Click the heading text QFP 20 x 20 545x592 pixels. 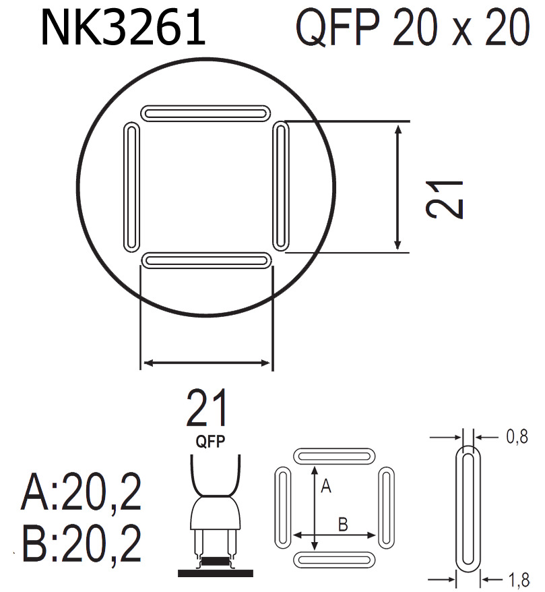(412, 28)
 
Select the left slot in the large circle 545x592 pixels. (132, 187)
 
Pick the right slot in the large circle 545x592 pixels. (282, 185)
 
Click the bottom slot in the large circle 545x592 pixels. (206, 260)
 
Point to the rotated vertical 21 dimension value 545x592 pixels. (446, 199)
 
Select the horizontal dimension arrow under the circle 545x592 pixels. (207, 363)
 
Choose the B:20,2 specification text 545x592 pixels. (82, 545)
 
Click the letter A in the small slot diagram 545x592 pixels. (325, 487)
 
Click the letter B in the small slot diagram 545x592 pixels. (342, 523)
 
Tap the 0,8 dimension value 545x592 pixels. (516, 438)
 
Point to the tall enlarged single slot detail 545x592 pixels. (469, 508)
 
